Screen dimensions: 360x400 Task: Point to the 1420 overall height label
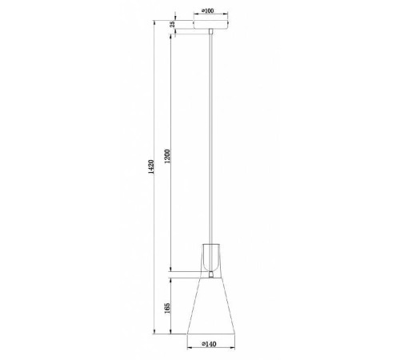point(146,179)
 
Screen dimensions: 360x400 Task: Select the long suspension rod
point(210,136)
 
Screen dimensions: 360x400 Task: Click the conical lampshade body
point(210,308)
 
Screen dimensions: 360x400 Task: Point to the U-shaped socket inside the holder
point(210,254)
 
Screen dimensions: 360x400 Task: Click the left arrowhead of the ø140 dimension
point(187,339)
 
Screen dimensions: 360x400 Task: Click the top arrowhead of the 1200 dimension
point(170,34)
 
